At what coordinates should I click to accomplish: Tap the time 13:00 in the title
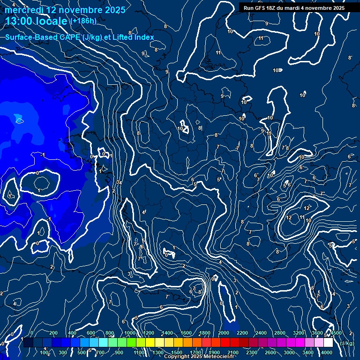pos(19,21)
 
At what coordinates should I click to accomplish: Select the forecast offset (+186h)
pos(83,21)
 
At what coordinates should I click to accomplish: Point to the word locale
pos(51,21)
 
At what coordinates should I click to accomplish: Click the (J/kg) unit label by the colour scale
pos(347,343)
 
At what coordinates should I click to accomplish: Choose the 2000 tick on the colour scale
pos(224,333)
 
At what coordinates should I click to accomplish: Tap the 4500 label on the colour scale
pos(336,333)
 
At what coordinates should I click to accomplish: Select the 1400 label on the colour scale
pos(167,333)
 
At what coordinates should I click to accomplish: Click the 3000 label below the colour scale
pos(289,352)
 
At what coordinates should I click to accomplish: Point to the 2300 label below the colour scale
pos(252,352)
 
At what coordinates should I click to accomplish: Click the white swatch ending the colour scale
pos(328,343)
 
